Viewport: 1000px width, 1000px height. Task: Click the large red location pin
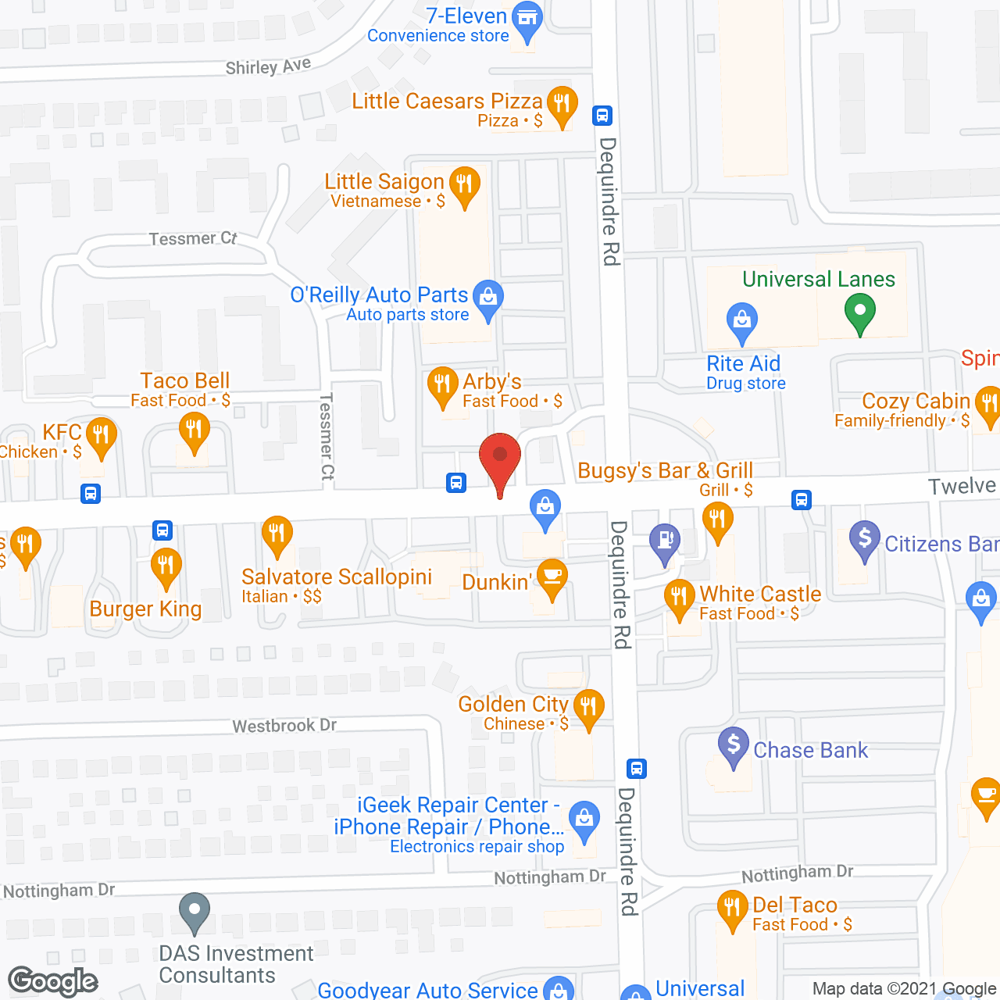click(500, 457)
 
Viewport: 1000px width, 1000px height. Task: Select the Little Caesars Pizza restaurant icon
click(562, 104)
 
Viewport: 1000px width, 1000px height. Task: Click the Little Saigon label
click(384, 182)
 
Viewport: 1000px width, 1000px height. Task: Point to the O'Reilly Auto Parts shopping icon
click(488, 298)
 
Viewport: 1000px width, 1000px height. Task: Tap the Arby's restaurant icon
click(442, 385)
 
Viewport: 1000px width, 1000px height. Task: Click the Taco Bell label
click(185, 380)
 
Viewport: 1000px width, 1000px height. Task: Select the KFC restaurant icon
click(101, 434)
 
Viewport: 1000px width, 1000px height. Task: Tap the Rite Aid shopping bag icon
click(742, 321)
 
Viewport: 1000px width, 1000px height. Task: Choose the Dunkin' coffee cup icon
click(552, 577)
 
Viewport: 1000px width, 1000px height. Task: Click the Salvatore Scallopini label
click(337, 577)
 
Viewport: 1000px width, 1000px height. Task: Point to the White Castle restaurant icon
click(679, 598)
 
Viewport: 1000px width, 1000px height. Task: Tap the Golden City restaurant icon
click(588, 708)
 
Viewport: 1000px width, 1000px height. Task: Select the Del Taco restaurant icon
click(732, 909)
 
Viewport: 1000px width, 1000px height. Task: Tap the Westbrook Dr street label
click(284, 726)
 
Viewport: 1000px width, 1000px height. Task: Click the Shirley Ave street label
click(268, 66)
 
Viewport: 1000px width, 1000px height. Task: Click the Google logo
click(53, 981)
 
